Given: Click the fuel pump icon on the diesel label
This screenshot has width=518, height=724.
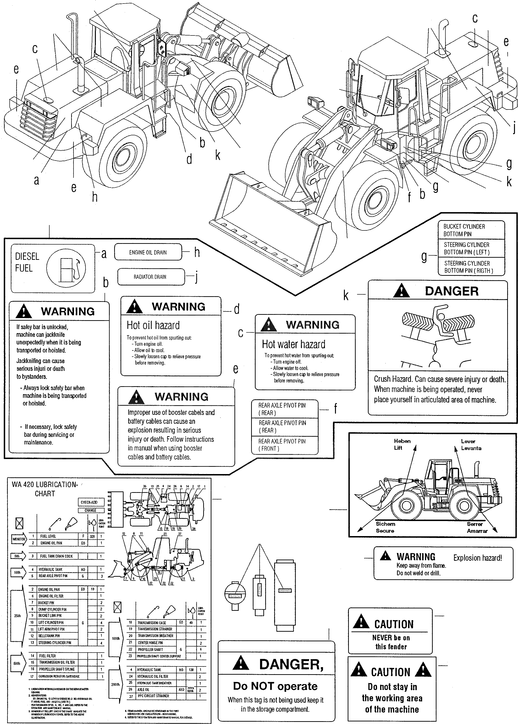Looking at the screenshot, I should pyautogui.click(x=66, y=269).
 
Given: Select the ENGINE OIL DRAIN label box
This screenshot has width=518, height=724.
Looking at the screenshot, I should pyautogui.click(x=148, y=252).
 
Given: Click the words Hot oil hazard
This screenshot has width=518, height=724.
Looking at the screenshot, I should pyautogui.click(x=153, y=325).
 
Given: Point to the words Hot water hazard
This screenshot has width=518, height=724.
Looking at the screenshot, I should pyautogui.click(x=293, y=344).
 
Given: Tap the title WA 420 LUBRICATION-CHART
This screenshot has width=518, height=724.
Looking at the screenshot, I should pyautogui.click(x=45, y=489).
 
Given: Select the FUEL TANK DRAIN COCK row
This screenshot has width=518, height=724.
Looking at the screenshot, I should pyautogui.click(x=56, y=556).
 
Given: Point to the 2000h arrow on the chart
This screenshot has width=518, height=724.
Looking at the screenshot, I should pyautogui.click(x=115, y=684).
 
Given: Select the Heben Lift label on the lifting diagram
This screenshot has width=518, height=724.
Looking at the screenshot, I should pyautogui.click(x=402, y=444).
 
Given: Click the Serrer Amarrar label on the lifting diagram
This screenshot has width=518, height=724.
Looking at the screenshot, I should pyautogui.click(x=477, y=527).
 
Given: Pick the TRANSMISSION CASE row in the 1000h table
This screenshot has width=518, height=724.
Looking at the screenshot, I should pyautogui.click(x=152, y=623).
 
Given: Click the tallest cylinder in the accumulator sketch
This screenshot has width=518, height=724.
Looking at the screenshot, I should pyautogui.click(x=284, y=595).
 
